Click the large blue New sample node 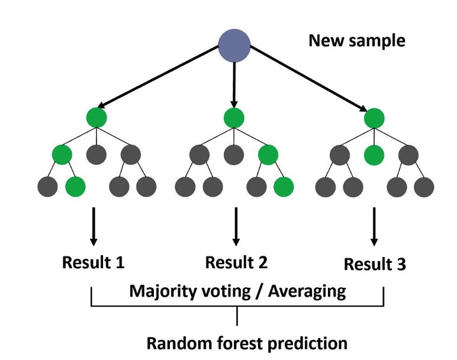234,46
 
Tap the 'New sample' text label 357,40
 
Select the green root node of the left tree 96,117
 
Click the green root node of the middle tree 234,118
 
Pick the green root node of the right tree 374,118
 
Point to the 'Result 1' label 94,262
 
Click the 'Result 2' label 236,262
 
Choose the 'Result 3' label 375,264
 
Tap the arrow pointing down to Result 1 94,227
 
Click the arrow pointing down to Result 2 236,227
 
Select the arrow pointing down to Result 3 374,227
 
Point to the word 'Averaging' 307,291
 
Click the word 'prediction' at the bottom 307,344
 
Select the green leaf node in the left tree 75,187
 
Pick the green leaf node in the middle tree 284,187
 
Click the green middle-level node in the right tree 374,155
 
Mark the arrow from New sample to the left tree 158,76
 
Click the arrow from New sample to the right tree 308,78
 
